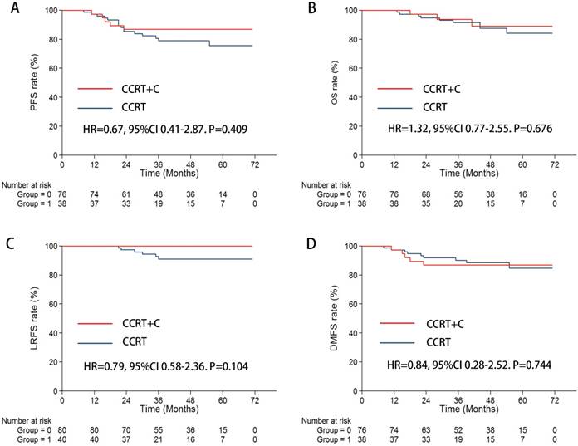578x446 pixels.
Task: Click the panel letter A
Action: pos(7,10)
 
